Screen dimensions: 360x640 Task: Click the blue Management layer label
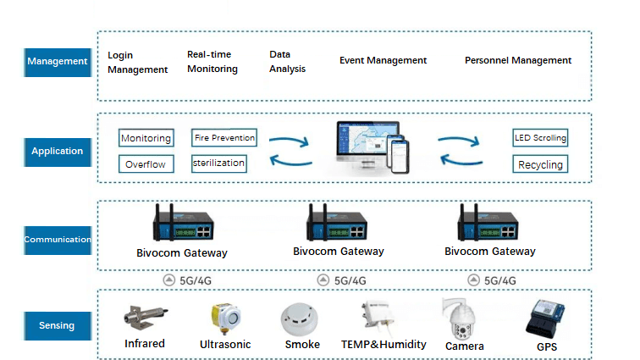(57, 62)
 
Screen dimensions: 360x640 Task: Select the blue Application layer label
(57, 152)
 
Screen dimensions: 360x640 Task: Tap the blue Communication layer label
(57, 240)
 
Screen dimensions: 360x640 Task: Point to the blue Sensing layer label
(57, 325)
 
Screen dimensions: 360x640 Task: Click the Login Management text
(137, 63)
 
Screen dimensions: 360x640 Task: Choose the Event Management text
(383, 61)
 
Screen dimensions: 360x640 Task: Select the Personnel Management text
(518, 61)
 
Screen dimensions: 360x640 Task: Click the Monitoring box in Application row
(146, 138)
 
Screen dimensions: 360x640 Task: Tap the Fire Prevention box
(224, 137)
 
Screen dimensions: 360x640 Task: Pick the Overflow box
(146, 164)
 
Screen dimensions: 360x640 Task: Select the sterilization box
(219, 163)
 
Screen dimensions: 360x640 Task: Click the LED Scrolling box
(540, 137)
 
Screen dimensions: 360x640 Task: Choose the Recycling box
(540, 164)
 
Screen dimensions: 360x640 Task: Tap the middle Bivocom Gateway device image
(337, 225)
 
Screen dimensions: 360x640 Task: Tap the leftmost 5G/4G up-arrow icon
(169, 280)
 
